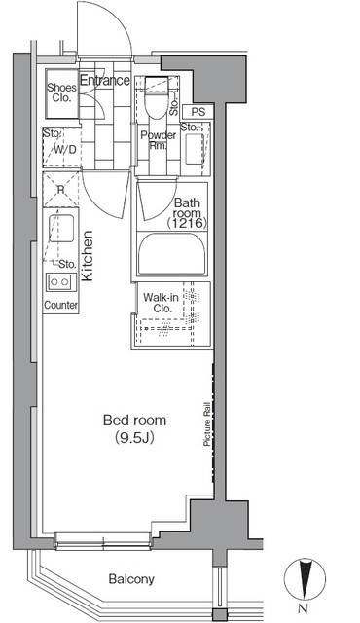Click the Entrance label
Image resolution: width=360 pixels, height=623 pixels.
point(105,80)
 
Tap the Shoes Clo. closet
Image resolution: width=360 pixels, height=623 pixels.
point(61,93)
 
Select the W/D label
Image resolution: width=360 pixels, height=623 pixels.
point(64,151)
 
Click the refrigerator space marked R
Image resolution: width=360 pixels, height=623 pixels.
point(60,190)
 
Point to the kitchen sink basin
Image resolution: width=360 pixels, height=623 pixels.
point(61,229)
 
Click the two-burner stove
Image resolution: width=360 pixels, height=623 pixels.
point(60,282)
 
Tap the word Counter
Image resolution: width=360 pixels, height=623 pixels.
point(60,305)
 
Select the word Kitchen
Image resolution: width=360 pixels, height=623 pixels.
point(87,256)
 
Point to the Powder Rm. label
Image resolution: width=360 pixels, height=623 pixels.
point(158,140)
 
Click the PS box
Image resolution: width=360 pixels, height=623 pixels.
point(198,112)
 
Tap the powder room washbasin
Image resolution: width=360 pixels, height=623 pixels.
point(195,148)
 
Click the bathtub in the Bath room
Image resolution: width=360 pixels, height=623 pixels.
point(172,253)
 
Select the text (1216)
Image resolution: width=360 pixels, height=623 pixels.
point(187,224)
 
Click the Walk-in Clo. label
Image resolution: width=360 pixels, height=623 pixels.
point(162,303)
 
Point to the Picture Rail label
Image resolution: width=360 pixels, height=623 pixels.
point(207,424)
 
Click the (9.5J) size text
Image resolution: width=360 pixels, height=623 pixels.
point(134,438)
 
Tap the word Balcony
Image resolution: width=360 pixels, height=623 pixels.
point(131,579)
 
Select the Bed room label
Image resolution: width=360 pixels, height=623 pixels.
point(134,420)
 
